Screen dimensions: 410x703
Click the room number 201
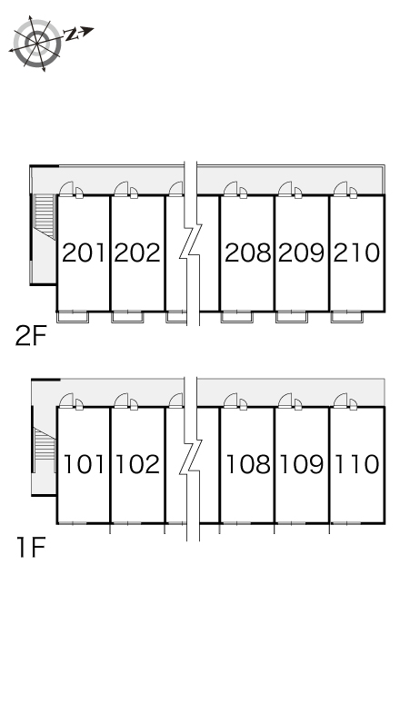click(84, 252)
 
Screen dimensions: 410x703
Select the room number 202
click(137, 252)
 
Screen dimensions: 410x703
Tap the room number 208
click(248, 252)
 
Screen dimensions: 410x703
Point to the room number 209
click(302, 252)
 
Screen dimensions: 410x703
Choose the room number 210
click(356, 252)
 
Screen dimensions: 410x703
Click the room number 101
click(85, 464)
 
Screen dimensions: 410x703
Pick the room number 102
click(137, 464)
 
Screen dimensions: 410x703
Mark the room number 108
click(248, 464)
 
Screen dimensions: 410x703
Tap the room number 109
click(302, 464)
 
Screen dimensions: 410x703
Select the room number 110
click(357, 464)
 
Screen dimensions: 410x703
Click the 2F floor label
click(31, 336)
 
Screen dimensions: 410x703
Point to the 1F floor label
click(32, 548)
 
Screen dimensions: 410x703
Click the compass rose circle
click(37, 44)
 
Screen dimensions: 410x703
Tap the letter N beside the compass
click(70, 35)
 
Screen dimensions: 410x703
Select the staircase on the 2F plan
click(45, 216)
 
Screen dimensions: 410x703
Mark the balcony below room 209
click(292, 317)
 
